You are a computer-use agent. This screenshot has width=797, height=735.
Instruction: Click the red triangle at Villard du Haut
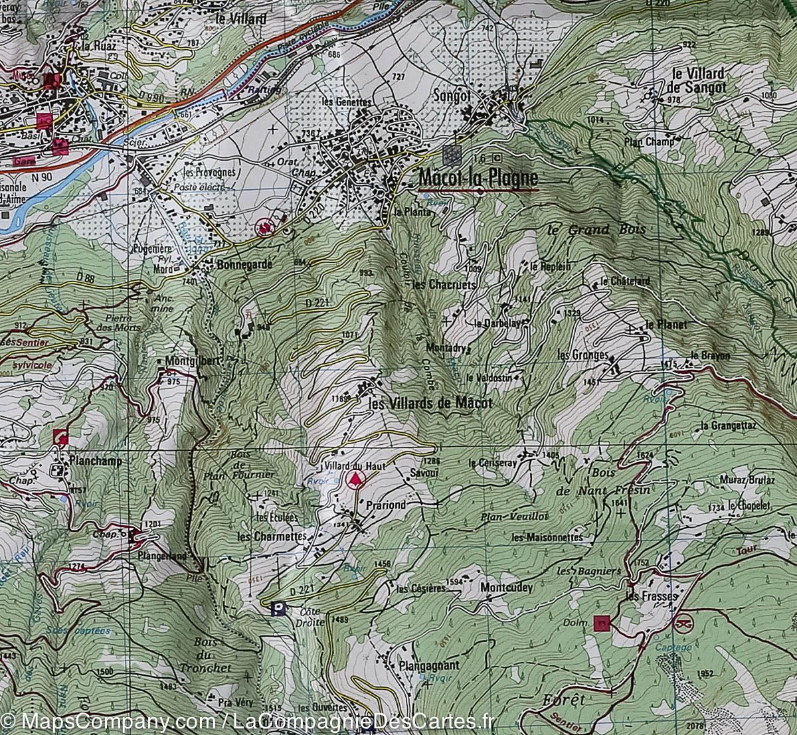pyautogui.click(x=357, y=480)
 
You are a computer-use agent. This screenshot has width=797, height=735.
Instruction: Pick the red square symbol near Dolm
pyautogui.click(x=602, y=622)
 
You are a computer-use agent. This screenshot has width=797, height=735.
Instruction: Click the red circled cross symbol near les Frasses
pyautogui.click(x=682, y=624)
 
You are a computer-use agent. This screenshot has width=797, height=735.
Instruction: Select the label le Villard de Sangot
pyautogui.click(x=698, y=80)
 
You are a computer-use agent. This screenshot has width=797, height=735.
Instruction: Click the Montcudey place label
pyautogui.click(x=506, y=588)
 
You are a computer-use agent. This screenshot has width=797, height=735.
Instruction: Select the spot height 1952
pyautogui.click(x=705, y=673)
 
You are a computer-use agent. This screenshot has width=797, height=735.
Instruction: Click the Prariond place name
pyautogui.click(x=385, y=505)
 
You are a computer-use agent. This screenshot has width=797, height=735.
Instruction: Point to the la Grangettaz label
pyautogui.click(x=728, y=425)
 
